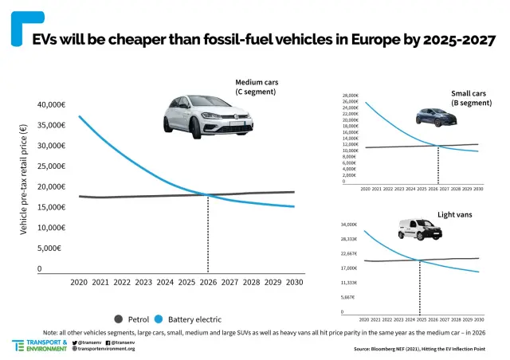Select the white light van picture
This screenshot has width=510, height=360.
click(x=418, y=230)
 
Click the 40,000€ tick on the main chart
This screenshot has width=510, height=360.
click(x=51, y=105)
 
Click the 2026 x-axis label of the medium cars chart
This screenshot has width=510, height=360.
click(x=208, y=283)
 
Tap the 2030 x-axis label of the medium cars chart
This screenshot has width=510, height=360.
click(x=294, y=283)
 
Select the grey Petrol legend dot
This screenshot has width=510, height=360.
click(x=119, y=319)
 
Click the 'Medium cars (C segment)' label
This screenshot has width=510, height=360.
click(x=256, y=87)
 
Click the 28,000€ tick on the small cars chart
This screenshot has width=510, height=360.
click(x=351, y=96)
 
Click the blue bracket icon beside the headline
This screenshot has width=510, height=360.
click(x=20, y=29)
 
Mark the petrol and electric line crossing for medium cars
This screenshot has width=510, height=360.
click(x=208, y=195)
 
